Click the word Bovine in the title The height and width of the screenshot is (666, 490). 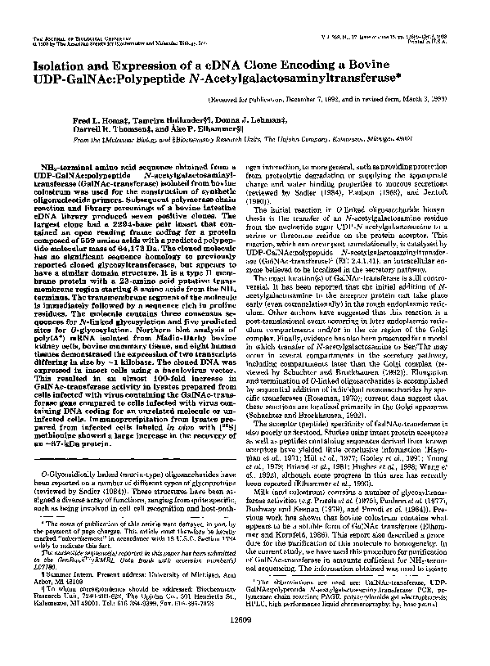point(434,64)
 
